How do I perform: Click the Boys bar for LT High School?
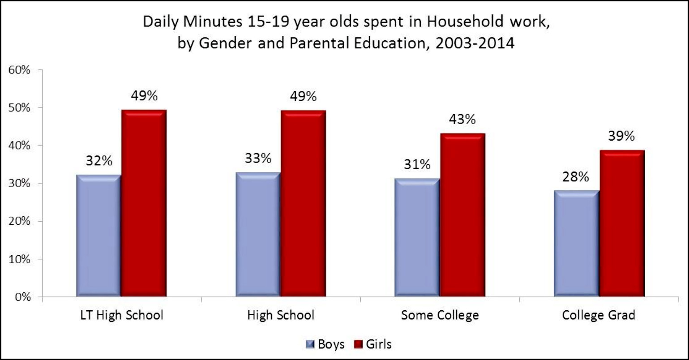tap(98, 236)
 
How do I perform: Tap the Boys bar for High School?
tap(258, 234)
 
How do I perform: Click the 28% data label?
tap(576, 177)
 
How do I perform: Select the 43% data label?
tap(462, 120)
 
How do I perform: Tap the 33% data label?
tap(258, 159)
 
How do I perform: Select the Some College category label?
tap(440, 315)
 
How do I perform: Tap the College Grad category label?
tap(599, 315)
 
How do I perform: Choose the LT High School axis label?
tap(121, 315)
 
